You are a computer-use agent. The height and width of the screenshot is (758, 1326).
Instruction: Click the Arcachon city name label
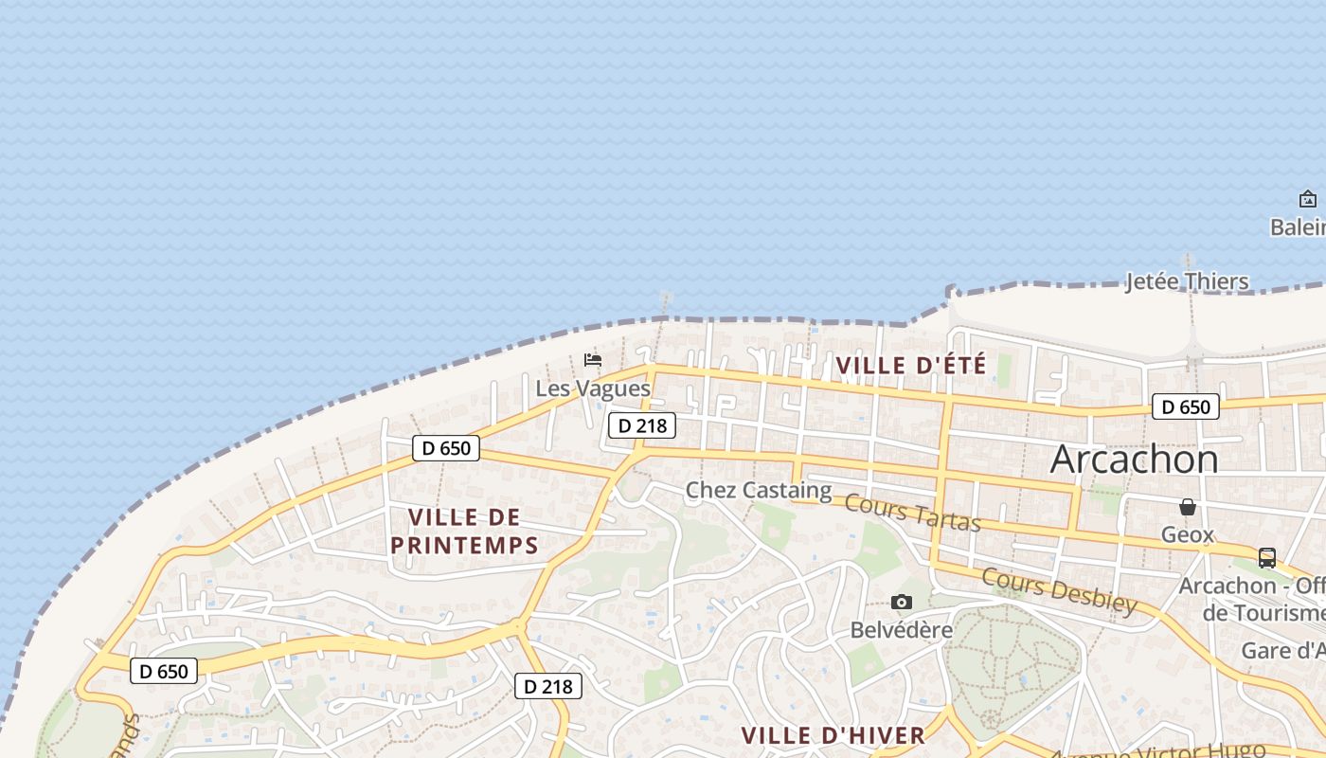[x=1134, y=460]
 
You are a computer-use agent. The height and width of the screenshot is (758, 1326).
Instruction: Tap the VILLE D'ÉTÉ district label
[x=911, y=365]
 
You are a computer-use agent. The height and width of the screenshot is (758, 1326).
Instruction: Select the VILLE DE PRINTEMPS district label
[x=464, y=531]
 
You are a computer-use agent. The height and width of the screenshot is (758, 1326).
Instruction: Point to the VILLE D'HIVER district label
[x=833, y=735]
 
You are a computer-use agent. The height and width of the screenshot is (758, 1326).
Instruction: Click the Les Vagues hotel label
[x=593, y=388]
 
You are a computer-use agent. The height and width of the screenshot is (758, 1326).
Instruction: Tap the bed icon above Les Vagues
[x=593, y=360]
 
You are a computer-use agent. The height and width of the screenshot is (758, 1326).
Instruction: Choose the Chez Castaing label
[x=758, y=490]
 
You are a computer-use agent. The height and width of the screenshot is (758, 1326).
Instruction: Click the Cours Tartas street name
[x=912, y=513]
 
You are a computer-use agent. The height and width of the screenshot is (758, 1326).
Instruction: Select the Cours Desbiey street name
[x=1059, y=590]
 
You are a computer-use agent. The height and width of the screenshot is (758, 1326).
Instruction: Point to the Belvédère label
[x=901, y=630]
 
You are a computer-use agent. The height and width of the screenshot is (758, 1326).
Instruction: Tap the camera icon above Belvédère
[x=902, y=602]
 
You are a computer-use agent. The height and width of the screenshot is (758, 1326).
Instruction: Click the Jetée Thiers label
[x=1187, y=281]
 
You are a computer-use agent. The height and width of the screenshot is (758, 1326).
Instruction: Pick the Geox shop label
[x=1187, y=535]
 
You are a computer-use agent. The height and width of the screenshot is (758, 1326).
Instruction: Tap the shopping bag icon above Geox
[x=1188, y=507]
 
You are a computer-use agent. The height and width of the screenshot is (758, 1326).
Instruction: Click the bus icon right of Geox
[x=1267, y=558]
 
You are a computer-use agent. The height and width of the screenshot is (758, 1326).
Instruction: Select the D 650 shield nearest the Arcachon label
[x=1185, y=407]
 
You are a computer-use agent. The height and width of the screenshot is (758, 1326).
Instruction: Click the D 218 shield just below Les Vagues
[x=642, y=425]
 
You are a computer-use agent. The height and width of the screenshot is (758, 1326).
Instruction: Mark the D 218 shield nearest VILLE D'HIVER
[x=547, y=686]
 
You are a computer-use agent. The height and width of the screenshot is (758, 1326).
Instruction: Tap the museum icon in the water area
[x=1308, y=199]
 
